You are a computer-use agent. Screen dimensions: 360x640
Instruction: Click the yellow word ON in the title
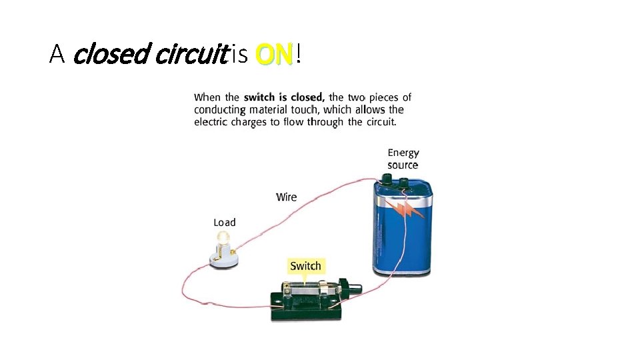point(274,55)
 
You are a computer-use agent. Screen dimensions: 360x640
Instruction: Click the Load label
point(224,222)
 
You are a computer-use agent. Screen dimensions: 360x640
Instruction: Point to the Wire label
point(286,197)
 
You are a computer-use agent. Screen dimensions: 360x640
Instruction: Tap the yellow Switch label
point(305,266)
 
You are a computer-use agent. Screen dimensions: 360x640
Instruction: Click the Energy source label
point(403,159)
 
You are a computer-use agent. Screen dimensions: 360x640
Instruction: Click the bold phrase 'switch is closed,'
point(283,98)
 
